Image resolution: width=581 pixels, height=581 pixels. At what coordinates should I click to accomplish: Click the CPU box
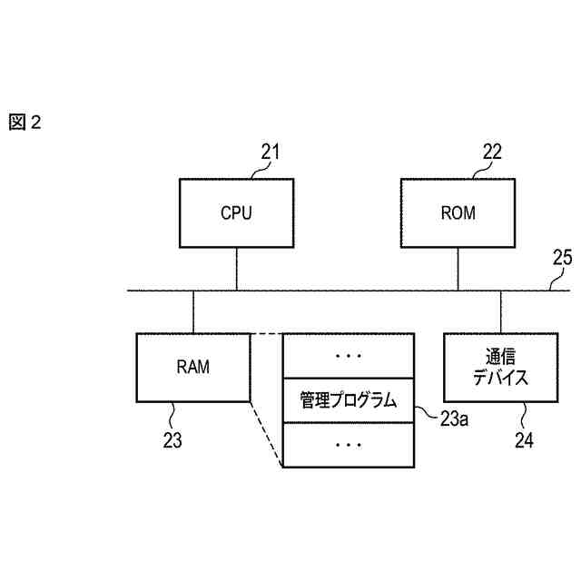(x=236, y=214)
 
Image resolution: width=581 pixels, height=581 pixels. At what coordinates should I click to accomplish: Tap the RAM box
(x=192, y=368)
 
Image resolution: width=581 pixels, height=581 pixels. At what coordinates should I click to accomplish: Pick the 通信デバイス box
(x=500, y=368)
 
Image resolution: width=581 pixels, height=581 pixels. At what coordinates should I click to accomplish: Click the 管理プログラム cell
(x=349, y=400)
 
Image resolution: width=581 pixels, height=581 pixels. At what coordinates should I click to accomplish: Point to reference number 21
(x=271, y=152)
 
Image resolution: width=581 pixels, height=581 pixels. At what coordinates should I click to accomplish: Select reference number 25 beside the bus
(x=563, y=257)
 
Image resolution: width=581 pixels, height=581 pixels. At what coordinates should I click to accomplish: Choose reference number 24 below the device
(x=524, y=442)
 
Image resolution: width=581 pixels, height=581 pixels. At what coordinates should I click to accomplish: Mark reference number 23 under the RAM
(x=172, y=442)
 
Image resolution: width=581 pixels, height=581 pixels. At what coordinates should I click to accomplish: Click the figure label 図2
(x=25, y=123)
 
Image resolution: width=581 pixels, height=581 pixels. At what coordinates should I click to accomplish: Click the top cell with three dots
(x=349, y=356)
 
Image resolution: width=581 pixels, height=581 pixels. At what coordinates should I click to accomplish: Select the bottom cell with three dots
(x=349, y=445)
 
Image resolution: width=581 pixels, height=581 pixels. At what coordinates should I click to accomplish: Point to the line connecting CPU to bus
(x=237, y=270)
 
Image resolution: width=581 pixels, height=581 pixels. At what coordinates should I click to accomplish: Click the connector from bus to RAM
(x=192, y=311)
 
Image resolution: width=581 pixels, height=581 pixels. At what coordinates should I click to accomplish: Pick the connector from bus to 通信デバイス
(x=500, y=311)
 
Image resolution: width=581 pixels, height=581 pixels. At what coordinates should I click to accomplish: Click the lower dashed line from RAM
(x=266, y=434)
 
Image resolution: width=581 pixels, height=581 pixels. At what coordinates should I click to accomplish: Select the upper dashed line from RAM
(x=266, y=333)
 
